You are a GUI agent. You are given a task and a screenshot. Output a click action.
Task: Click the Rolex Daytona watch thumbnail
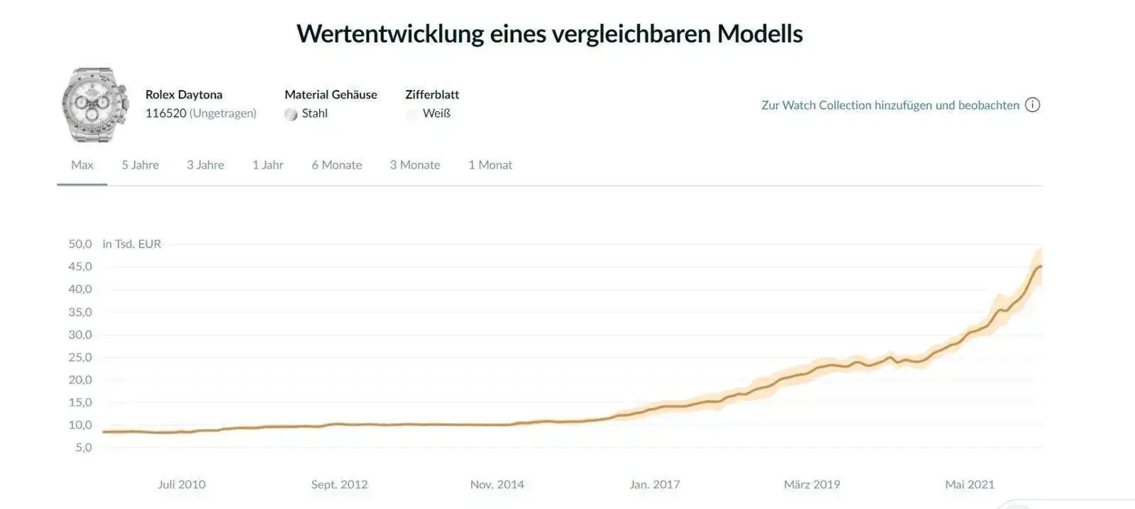pyautogui.click(x=95, y=105)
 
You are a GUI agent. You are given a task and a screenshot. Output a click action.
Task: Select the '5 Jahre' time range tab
pyautogui.click(x=140, y=165)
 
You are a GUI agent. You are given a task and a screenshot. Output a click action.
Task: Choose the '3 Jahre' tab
pyautogui.click(x=205, y=165)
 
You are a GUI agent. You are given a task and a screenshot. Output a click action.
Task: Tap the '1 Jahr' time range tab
pyautogui.click(x=267, y=165)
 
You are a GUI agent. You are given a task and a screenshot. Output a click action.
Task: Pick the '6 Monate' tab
pyautogui.click(x=336, y=165)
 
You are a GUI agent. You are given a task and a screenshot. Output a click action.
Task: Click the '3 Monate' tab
pyautogui.click(x=414, y=165)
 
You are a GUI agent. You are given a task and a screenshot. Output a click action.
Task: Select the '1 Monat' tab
pyautogui.click(x=489, y=165)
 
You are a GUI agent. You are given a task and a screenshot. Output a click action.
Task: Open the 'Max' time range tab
pyautogui.click(x=82, y=165)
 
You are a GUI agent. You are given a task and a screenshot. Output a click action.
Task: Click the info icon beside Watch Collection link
pyautogui.click(x=1033, y=105)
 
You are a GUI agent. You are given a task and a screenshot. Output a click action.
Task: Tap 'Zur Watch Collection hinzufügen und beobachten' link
pyautogui.click(x=890, y=105)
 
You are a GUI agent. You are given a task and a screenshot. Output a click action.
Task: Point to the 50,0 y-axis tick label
pyautogui.click(x=80, y=244)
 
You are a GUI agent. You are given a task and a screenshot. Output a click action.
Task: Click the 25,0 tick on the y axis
pyautogui.click(x=80, y=357)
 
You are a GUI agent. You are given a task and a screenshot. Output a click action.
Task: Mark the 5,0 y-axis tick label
pyautogui.click(x=84, y=447)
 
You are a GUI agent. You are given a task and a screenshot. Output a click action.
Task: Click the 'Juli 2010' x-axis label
pyautogui.click(x=182, y=485)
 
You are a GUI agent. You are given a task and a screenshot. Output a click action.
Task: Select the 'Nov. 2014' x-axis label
pyautogui.click(x=497, y=485)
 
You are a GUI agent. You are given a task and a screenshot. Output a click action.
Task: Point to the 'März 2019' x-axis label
pyautogui.click(x=812, y=485)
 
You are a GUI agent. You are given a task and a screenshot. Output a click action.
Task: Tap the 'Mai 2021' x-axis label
pyautogui.click(x=969, y=485)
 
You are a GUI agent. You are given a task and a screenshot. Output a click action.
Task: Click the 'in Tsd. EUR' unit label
pyautogui.click(x=132, y=244)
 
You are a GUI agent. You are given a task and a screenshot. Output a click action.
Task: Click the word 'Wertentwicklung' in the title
pyautogui.click(x=389, y=34)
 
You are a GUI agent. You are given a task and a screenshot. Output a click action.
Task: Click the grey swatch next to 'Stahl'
pyautogui.click(x=291, y=114)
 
